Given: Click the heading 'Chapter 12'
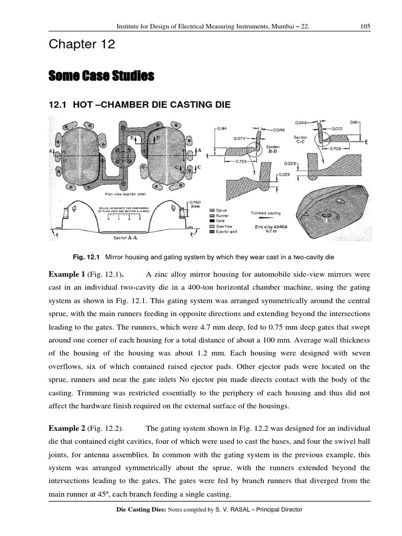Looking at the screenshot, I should pyautogui.click(x=81, y=46).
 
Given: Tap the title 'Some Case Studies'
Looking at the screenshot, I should pyautogui.click(x=102, y=77).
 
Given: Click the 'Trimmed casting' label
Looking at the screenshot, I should pyautogui.click(x=266, y=213).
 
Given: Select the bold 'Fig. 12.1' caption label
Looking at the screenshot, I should pyautogui.click(x=87, y=257).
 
